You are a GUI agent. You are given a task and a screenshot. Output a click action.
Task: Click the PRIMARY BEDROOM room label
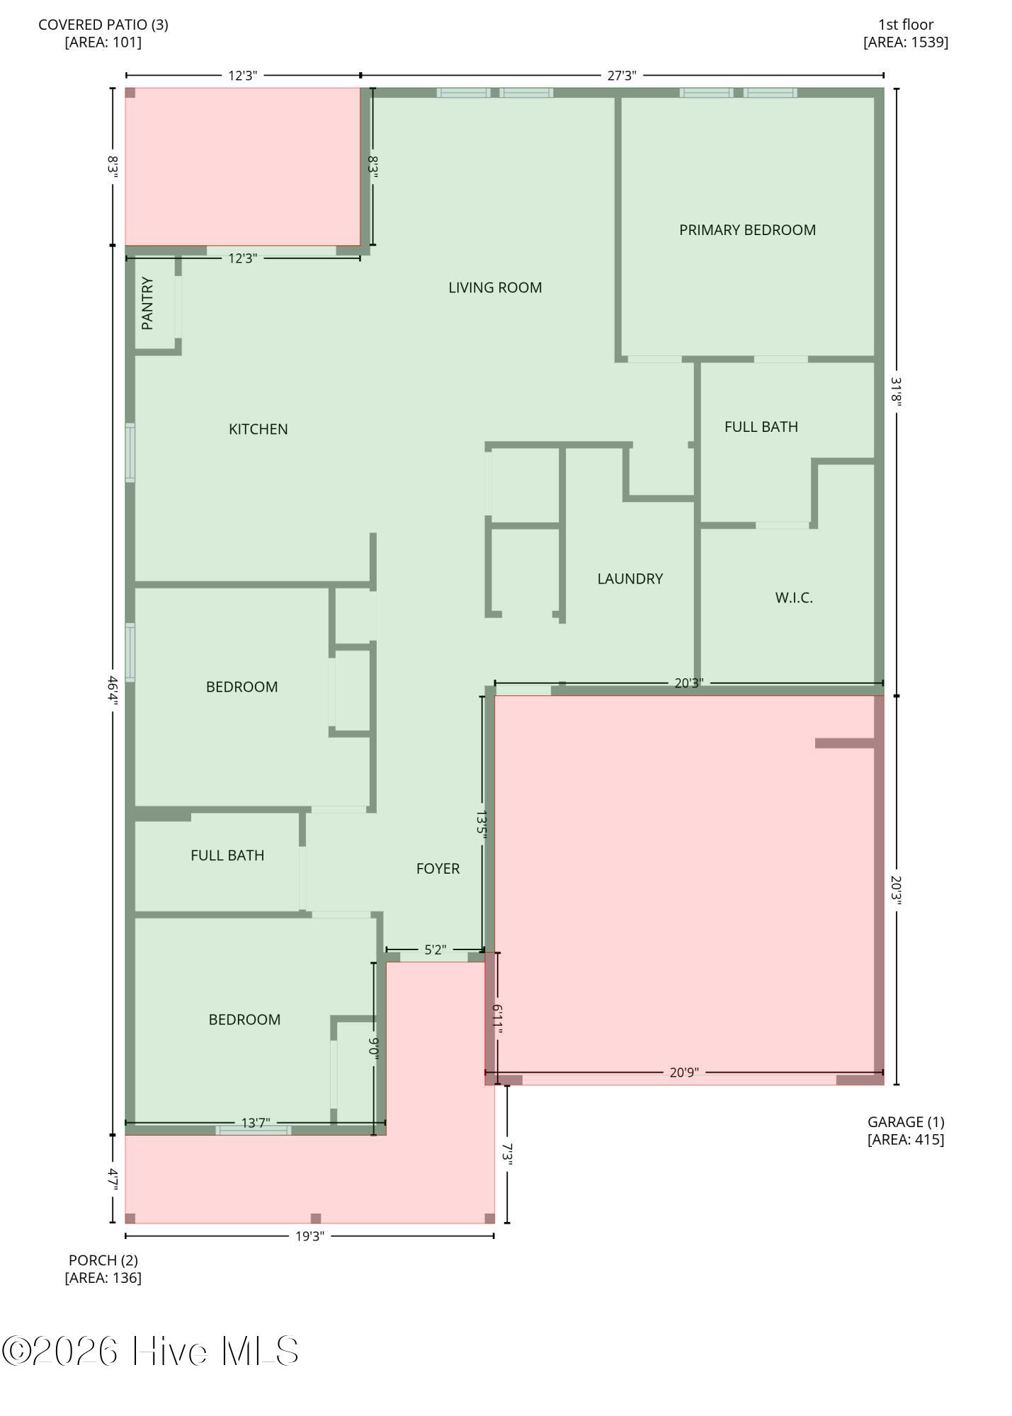tap(747, 230)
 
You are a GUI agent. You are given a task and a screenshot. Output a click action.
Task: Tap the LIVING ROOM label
tap(495, 287)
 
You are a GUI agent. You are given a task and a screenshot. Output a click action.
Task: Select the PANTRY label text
tap(147, 303)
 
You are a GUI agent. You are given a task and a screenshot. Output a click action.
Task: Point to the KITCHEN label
tap(258, 429)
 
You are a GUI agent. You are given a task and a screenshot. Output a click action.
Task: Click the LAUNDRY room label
tap(630, 579)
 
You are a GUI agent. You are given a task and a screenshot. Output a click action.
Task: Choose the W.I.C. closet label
tap(793, 598)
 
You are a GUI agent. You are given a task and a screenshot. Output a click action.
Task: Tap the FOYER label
tap(438, 869)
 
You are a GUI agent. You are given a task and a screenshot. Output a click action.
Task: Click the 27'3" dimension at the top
tap(622, 76)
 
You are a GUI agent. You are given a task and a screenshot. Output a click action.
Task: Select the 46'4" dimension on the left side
tap(113, 690)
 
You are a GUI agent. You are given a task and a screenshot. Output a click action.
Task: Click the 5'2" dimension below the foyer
tap(435, 949)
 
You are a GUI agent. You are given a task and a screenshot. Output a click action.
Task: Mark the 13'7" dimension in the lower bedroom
tap(255, 1123)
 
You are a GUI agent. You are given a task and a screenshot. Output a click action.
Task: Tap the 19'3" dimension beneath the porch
tap(309, 1236)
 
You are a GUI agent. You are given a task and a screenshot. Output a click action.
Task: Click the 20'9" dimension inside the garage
tap(684, 1073)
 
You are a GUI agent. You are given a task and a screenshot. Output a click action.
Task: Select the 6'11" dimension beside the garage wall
tap(497, 1020)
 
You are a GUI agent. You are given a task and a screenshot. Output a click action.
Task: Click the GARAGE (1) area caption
tap(906, 1131)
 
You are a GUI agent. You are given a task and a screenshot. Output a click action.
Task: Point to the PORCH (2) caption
tap(103, 1269)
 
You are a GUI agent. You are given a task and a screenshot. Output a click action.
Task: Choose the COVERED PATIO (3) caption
tap(103, 33)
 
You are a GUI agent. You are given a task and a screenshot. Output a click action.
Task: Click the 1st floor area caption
tap(906, 33)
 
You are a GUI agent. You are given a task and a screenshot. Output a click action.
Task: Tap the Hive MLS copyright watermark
tap(150, 1352)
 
